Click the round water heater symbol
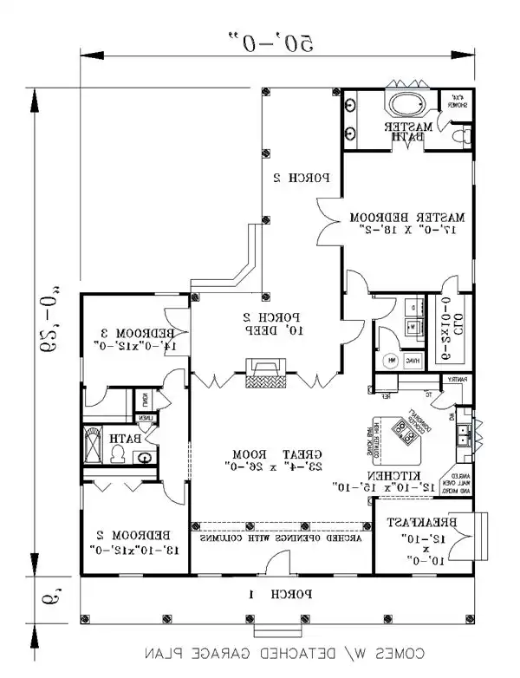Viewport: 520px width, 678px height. [392, 361]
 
